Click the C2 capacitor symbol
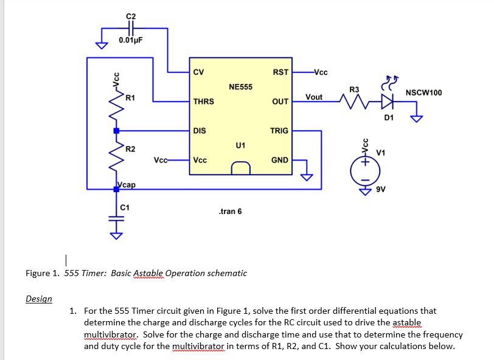click(131, 28)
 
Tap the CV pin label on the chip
click(198, 72)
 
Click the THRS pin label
click(203, 102)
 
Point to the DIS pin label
click(199, 131)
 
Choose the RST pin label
click(280, 72)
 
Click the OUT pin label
click(280, 102)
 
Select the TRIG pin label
click(279, 131)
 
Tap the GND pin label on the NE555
click(279, 160)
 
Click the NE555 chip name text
click(240, 87)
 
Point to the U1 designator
click(240, 145)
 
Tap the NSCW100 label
click(423, 92)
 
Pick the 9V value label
click(381, 189)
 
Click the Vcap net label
click(126, 184)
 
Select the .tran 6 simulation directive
click(229, 211)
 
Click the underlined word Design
click(39, 299)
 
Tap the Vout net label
click(314, 97)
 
